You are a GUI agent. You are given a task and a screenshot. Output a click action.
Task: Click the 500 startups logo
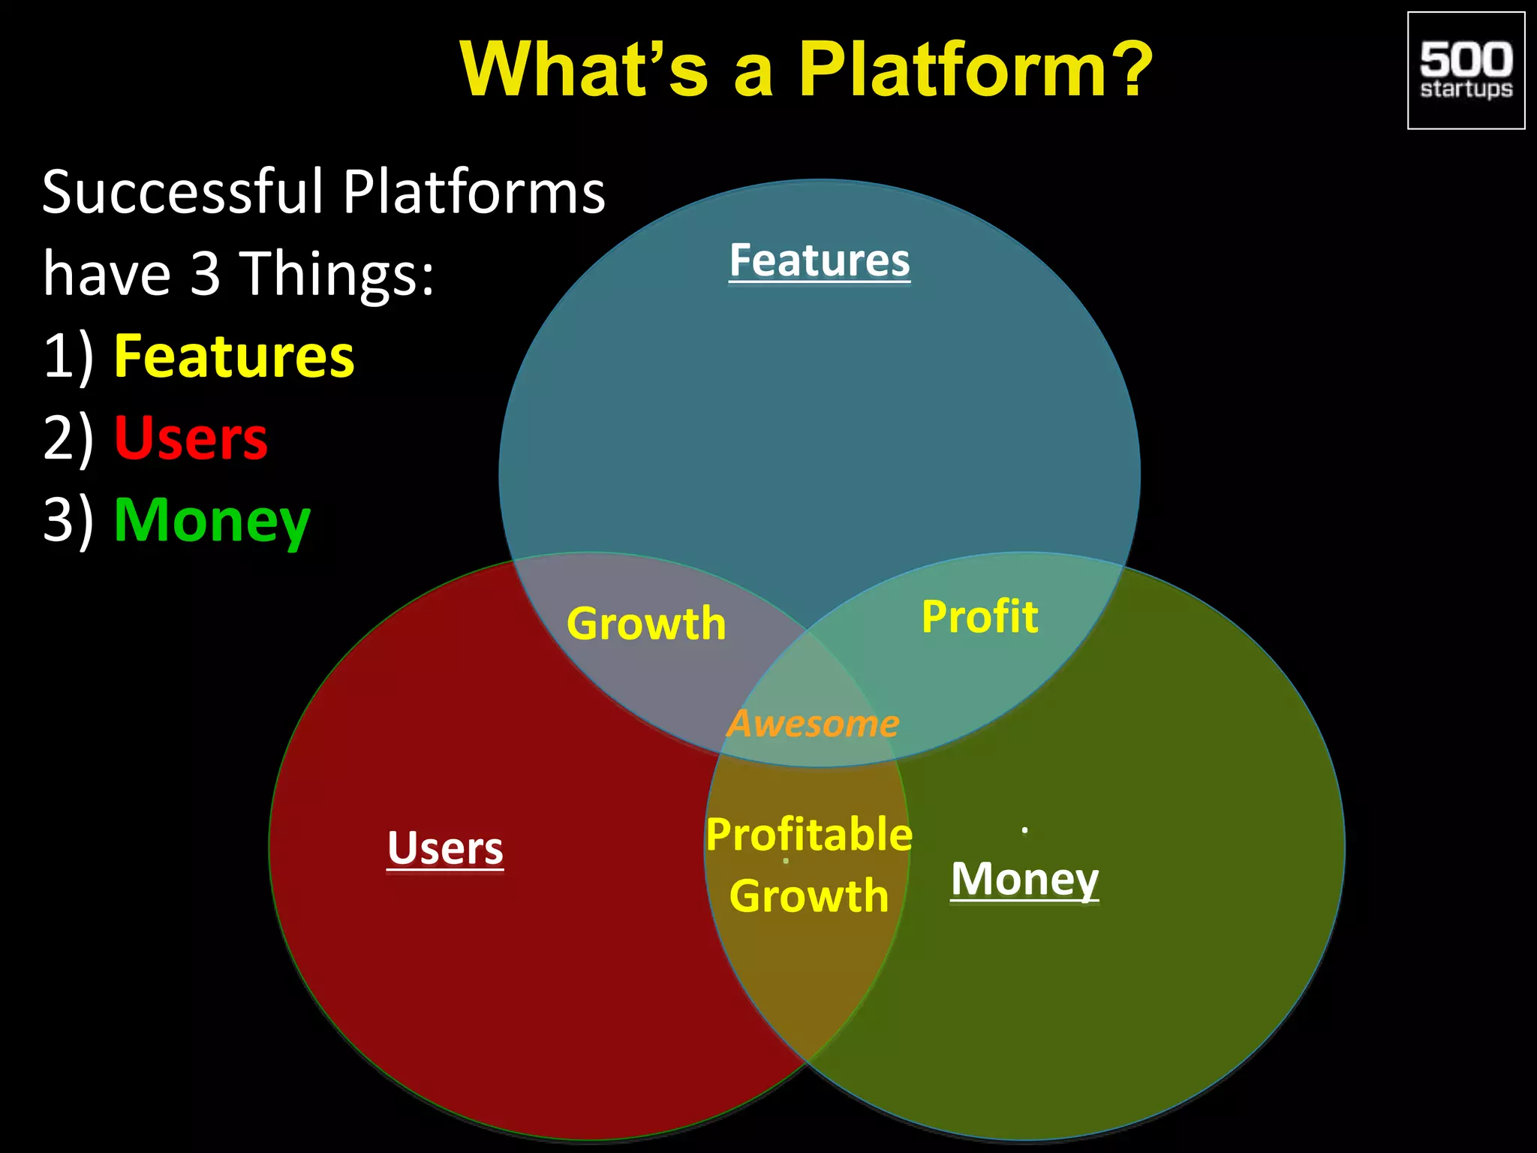(1466, 71)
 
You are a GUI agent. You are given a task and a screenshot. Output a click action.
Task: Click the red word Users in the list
(191, 438)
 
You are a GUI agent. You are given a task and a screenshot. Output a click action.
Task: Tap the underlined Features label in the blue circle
(820, 260)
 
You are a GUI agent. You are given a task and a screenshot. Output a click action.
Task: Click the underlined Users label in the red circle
(445, 848)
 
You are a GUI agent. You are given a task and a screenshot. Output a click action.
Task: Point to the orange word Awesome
(814, 724)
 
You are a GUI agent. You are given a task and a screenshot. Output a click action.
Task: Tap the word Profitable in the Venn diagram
(809, 835)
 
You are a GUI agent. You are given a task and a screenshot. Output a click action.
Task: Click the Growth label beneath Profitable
(809, 896)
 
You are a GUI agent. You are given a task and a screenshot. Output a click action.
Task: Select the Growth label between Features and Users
(646, 623)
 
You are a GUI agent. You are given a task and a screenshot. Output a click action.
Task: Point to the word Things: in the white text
(337, 274)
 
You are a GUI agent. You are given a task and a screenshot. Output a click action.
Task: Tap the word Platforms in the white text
(474, 192)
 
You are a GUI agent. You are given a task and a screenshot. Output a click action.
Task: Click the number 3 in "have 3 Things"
(205, 274)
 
